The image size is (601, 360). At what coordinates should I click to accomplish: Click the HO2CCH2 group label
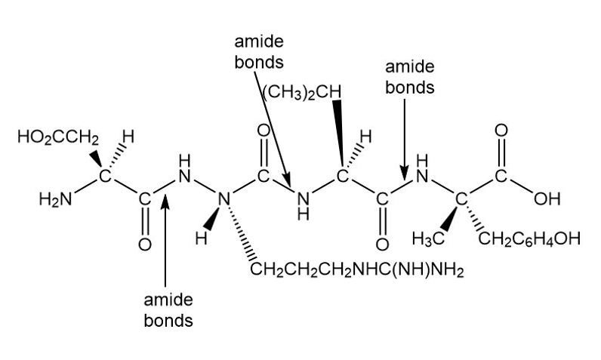[x=58, y=137]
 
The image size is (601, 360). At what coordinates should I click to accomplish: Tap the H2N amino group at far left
[x=56, y=198]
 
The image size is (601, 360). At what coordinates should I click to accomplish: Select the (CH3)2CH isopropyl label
[x=302, y=93]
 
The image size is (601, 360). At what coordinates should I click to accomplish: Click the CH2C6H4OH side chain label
[x=529, y=238]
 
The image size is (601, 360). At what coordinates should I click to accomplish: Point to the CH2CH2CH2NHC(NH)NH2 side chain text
[x=357, y=269]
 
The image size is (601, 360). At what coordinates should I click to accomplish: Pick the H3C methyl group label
[x=428, y=238]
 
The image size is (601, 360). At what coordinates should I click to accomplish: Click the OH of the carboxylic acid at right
[x=547, y=198]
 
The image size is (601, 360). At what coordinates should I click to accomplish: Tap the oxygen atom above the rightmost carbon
[x=501, y=131]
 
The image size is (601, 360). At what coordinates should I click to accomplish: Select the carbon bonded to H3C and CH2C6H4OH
[x=461, y=198]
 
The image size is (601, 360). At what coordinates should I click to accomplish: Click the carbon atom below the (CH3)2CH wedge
[x=342, y=177]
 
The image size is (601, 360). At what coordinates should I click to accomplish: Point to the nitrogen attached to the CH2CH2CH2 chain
[x=223, y=198]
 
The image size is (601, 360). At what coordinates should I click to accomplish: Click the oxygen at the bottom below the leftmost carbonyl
[x=144, y=245]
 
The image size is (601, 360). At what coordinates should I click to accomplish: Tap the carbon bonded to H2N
[x=105, y=177]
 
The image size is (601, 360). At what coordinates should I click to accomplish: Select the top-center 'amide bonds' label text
[x=259, y=52]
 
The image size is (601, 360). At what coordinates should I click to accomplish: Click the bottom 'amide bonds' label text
[x=168, y=310]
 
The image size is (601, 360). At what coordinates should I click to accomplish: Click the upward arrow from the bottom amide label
[x=165, y=241]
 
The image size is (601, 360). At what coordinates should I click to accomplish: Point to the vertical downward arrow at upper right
[x=405, y=140]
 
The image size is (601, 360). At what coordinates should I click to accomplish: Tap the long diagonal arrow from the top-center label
[x=273, y=130]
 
